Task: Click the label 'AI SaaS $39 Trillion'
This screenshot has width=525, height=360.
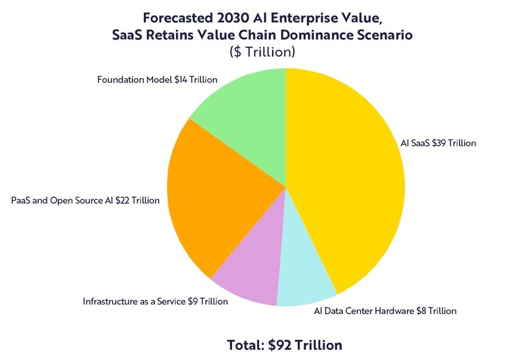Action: [x=438, y=143]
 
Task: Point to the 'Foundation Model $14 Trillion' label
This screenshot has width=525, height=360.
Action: [x=157, y=79]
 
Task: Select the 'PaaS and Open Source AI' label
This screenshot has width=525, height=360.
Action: [x=85, y=201]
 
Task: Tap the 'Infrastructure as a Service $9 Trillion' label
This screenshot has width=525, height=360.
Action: [x=155, y=302]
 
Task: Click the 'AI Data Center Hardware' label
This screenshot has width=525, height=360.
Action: [x=385, y=311]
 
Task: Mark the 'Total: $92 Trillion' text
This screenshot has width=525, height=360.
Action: [x=285, y=345]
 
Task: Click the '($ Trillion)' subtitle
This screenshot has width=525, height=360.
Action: [x=262, y=52]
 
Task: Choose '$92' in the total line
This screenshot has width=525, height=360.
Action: [x=280, y=345]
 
